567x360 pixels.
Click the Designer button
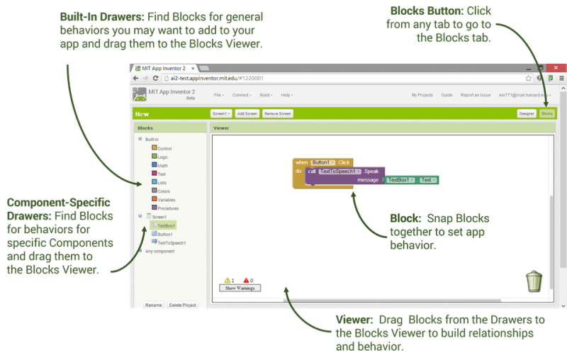click(x=527, y=113)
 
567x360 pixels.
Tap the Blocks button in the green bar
click(x=546, y=113)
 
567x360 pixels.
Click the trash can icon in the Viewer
click(x=534, y=281)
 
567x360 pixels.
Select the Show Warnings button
click(x=239, y=288)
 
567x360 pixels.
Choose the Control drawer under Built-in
click(x=164, y=148)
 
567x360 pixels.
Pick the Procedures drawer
click(x=168, y=208)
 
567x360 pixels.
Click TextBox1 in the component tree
click(x=166, y=225)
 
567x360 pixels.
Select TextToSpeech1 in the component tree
click(x=169, y=242)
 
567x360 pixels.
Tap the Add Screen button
click(x=247, y=113)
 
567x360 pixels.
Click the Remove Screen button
click(x=278, y=113)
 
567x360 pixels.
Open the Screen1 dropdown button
click(x=221, y=113)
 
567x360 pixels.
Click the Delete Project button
click(x=182, y=305)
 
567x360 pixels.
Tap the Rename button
click(x=153, y=305)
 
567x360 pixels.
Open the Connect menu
click(x=241, y=95)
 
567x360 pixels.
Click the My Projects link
click(x=422, y=95)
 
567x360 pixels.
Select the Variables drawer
click(x=167, y=200)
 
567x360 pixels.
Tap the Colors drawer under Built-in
click(x=164, y=191)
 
